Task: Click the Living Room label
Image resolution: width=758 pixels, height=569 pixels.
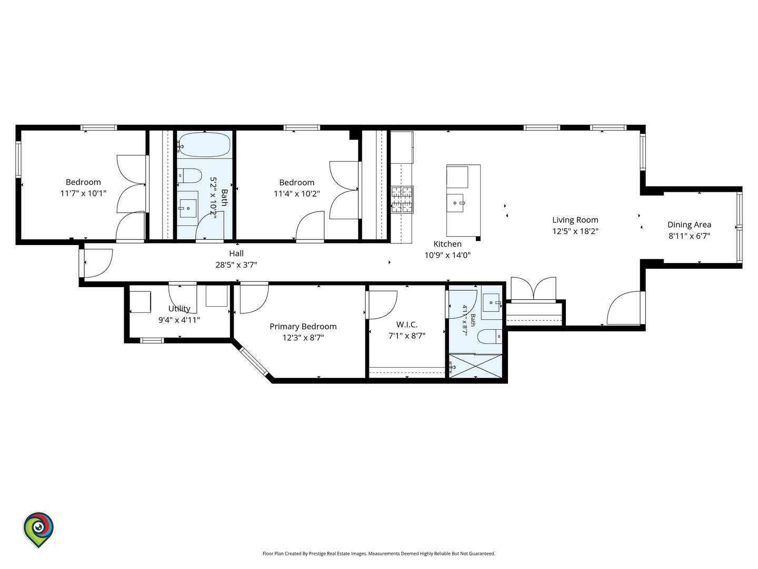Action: click(x=575, y=220)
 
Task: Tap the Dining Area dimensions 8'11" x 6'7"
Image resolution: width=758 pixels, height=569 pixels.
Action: click(x=689, y=236)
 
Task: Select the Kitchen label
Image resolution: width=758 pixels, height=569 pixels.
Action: click(x=447, y=244)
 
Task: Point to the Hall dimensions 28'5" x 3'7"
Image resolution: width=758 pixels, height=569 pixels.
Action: click(x=236, y=264)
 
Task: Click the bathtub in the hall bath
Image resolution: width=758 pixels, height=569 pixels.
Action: click(x=204, y=145)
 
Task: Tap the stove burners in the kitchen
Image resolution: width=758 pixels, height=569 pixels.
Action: click(x=402, y=200)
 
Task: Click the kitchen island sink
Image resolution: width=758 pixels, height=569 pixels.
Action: click(x=455, y=203)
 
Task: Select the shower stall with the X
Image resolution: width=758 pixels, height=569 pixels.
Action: click(x=475, y=366)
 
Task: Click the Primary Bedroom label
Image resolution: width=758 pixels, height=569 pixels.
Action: click(x=303, y=327)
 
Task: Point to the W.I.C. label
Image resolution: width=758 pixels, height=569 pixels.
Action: click(x=406, y=325)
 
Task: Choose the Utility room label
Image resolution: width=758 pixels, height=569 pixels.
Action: click(x=179, y=309)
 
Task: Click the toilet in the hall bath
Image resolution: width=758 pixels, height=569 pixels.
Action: click(x=189, y=176)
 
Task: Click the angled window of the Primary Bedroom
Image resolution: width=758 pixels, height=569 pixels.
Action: click(x=254, y=361)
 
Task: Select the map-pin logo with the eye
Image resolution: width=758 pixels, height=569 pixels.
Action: click(x=38, y=529)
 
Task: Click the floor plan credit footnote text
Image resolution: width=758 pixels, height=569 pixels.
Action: click(x=379, y=553)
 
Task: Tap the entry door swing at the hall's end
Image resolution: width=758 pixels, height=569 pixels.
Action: click(x=98, y=263)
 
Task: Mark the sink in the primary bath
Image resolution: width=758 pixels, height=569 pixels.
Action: click(x=492, y=302)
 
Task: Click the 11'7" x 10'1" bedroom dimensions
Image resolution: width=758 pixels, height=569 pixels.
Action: click(x=83, y=193)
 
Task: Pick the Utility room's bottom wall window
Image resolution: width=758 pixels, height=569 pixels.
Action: click(x=152, y=340)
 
